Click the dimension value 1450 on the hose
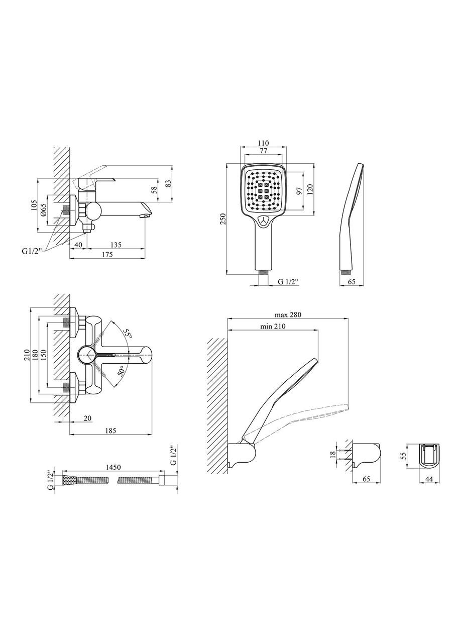pos(113,467)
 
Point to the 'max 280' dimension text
pos(288,314)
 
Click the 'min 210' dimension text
pos(273,326)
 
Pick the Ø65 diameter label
pos(43,210)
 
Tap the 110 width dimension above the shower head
pos(263,143)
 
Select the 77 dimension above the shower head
pos(263,151)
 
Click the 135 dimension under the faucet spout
pos(115,245)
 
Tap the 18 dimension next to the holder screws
pos(333,454)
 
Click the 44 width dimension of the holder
pos(429,479)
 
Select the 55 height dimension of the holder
pos(403,455)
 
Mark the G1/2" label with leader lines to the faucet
pos(32,251)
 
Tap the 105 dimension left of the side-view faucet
pos(34,205)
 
